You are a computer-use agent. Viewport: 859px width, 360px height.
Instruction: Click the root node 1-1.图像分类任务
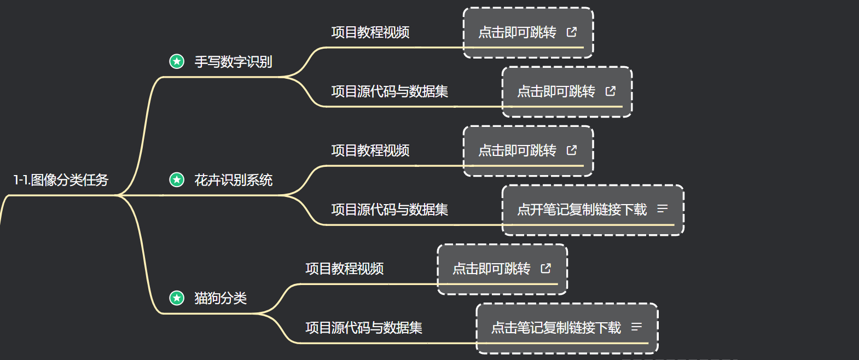click(61, 180)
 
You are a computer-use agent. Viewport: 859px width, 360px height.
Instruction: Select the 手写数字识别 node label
click(233, 62)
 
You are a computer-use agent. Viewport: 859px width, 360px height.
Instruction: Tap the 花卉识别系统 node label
click(233, 180)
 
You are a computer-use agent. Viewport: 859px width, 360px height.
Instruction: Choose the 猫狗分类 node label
click(220, 298)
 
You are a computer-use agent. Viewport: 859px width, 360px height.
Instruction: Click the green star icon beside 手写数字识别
click(177, 61)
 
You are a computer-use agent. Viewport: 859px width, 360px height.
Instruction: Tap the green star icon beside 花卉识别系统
click(177, 179)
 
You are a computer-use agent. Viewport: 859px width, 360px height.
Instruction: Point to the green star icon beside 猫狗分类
click(177, 298)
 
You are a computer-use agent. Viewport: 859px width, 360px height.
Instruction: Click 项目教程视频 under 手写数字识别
click(370, 32)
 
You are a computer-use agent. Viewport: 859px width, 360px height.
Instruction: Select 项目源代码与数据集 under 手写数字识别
click(389, 91)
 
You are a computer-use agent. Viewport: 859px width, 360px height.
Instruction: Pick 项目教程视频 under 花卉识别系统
click(370, 150)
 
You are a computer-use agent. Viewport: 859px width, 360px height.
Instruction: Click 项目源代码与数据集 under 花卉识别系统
click(389, 210)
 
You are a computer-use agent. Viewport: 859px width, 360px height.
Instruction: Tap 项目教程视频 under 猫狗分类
click(344, 269)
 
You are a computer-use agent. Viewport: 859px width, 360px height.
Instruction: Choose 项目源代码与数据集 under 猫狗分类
click(363, 328)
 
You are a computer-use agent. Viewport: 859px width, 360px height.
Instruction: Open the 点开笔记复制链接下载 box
click(582, 210)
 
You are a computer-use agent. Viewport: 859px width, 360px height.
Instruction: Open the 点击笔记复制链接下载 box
click(556, 328)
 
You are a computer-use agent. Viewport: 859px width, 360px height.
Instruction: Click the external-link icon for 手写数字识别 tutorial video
click(572, 32)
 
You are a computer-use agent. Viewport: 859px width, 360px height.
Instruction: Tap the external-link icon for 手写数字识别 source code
click(611, 91)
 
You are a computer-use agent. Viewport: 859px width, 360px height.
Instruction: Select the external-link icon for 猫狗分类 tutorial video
click(546, 268)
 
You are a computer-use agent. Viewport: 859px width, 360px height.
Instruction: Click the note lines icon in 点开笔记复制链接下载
click(663, 209)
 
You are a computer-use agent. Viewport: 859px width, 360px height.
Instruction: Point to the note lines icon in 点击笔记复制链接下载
click(636, 327)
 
